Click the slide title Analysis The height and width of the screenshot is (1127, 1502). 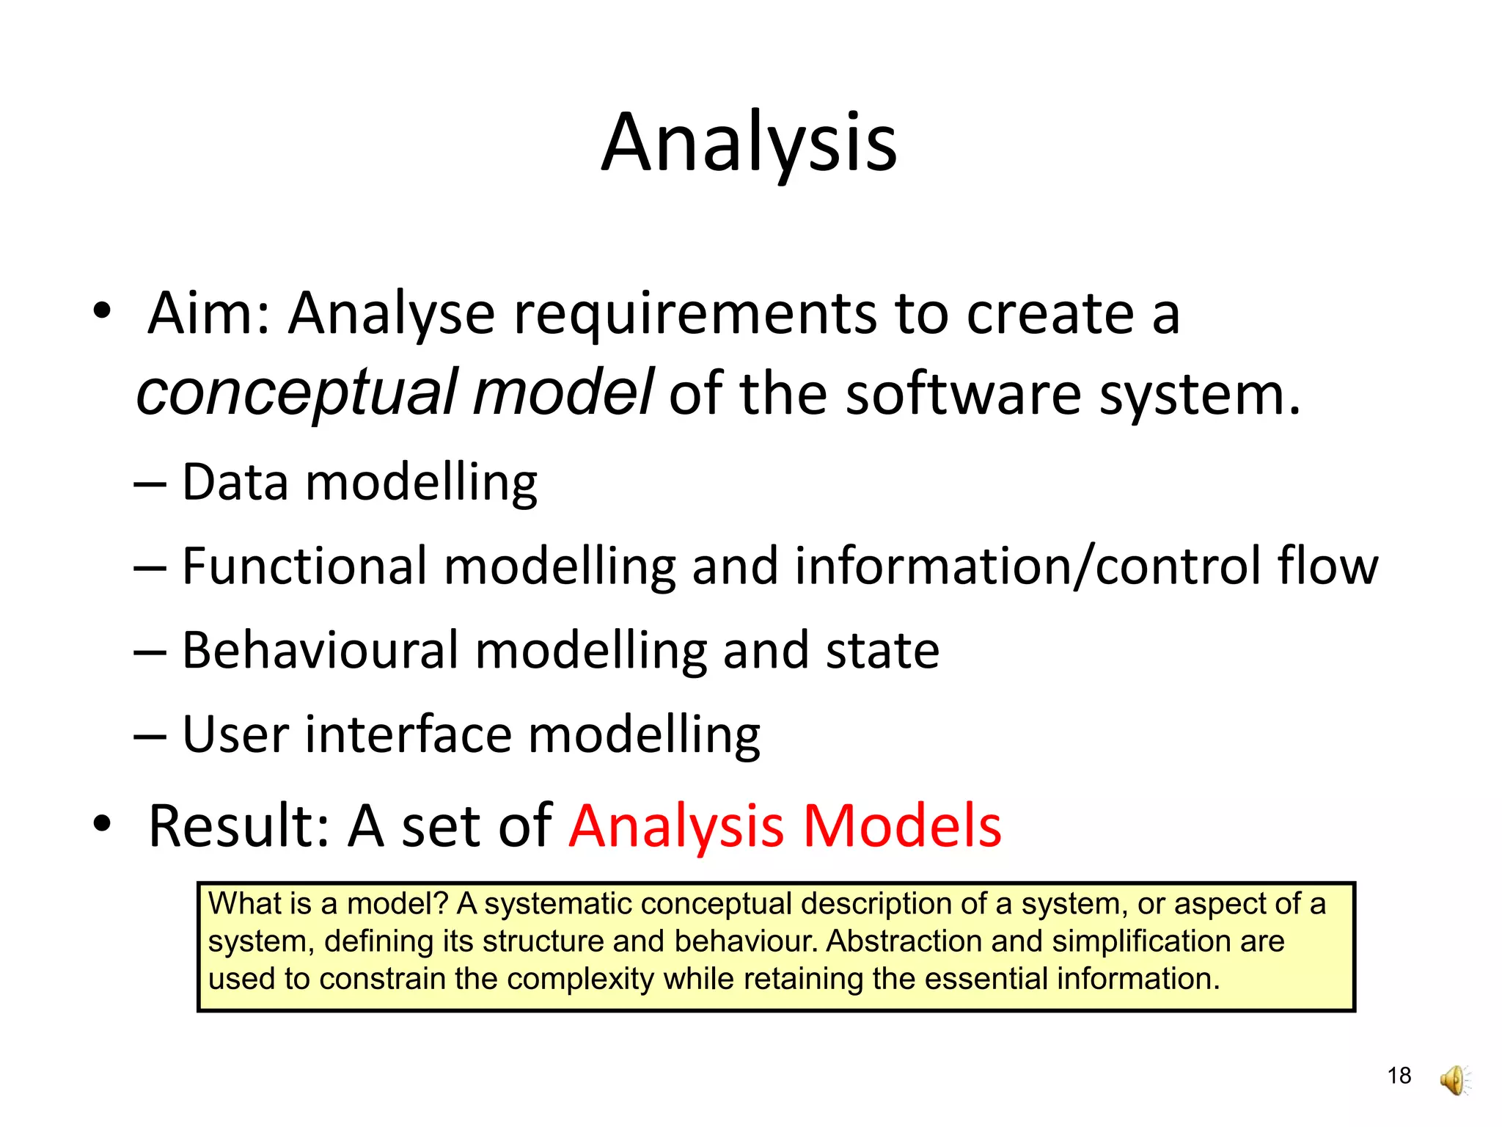749,143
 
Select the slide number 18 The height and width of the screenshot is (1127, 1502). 1399,1076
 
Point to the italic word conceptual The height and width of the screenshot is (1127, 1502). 297,394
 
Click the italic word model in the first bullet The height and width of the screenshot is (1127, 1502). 563,393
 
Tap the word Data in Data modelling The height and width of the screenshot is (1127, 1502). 235,482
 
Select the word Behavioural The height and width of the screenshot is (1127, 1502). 320,651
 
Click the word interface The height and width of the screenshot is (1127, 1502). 409,734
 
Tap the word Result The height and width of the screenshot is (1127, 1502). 230,826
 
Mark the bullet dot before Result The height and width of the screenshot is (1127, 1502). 102,823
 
